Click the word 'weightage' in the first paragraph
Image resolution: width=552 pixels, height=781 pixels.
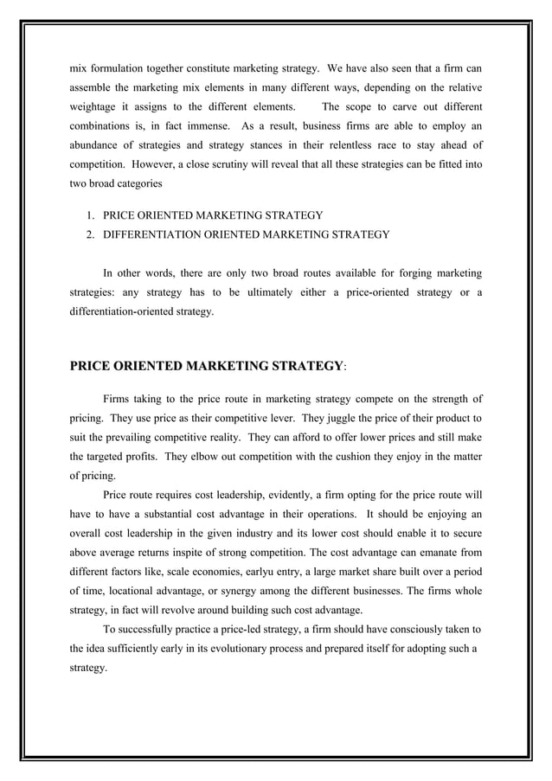(96, 107)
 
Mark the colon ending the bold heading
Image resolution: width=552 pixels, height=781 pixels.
(345, 368)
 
